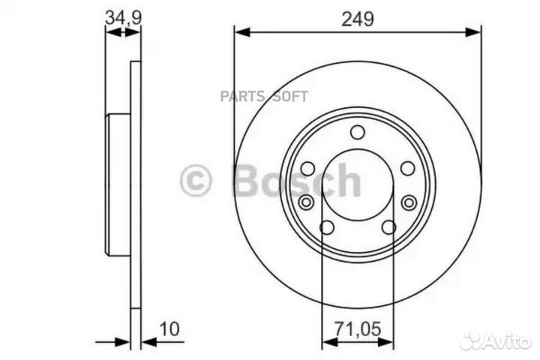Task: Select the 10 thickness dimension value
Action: (x=169, y=328)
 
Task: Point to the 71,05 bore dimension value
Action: (x=358, y=328)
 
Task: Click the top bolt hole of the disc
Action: (x=358, y=133)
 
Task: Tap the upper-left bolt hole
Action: (x=307, y=169)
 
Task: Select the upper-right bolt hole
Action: (x=408, y=169)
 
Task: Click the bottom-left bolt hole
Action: (x=327, y=227)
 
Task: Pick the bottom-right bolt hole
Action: (x=388, y=227)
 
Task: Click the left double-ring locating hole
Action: (x=306, y=202)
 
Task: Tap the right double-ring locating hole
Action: (x=409, y=202)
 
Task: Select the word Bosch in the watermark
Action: (x=297, y=180)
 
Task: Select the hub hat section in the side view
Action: (x=119, y=184)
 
